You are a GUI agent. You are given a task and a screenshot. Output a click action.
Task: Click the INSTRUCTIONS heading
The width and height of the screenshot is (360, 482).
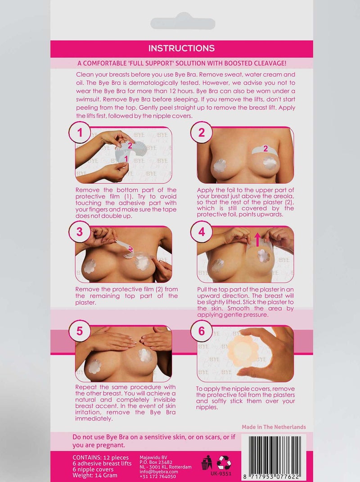pos(181,49)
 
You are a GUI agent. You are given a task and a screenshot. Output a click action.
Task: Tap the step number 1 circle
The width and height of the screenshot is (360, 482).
pos(80,132)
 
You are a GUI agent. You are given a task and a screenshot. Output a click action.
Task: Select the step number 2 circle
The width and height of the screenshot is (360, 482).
pos(201,132)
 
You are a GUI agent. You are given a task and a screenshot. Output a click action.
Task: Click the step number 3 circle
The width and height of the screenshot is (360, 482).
pos(80,232)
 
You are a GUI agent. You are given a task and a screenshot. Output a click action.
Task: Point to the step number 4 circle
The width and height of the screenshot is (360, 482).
pos(201,232)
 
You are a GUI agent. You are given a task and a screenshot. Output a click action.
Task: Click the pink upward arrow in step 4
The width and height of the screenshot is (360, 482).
pos(258,240)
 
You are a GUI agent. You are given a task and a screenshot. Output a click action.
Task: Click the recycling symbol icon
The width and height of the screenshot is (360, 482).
pos(224,462)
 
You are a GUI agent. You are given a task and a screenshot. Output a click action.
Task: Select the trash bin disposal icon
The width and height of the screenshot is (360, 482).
pos(207,462)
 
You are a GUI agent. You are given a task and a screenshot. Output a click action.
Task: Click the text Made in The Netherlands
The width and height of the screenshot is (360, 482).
pos(274,427)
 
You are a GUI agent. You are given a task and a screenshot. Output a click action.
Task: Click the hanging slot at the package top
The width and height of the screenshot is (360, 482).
pos(182,23)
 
